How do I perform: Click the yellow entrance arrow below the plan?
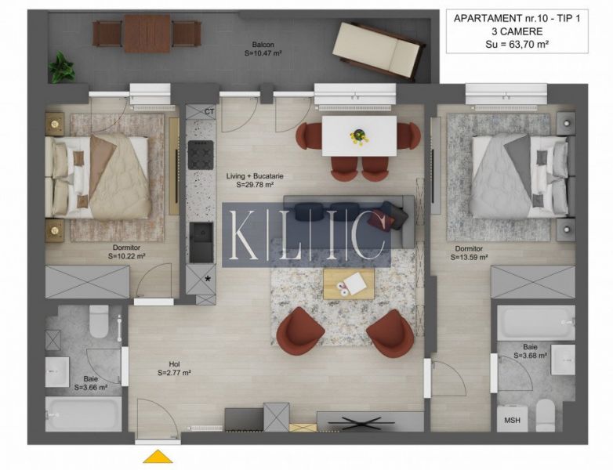click(158, 457)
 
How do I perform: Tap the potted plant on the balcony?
click(60, 67)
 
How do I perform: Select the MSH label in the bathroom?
click(512, 421)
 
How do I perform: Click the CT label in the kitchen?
click(209, 112)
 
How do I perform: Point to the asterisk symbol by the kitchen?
click(208, 279)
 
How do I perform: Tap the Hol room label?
click(174, 364)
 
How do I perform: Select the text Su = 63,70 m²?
click(517, 44)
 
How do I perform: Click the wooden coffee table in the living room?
click(349, 284)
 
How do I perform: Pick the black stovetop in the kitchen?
click(201, 155)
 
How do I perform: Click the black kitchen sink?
click(201, 243)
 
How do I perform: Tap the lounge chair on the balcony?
click(379, 50)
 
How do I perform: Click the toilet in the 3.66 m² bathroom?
click(99, 321)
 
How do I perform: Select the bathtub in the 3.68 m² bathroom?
click(536, 323)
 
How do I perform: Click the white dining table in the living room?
click(359, 136)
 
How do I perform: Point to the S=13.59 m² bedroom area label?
click(469, 258)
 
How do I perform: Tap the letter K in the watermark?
click(244, 235)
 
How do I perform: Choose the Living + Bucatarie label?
click(255, 176)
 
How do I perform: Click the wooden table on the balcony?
click(147, 34)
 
